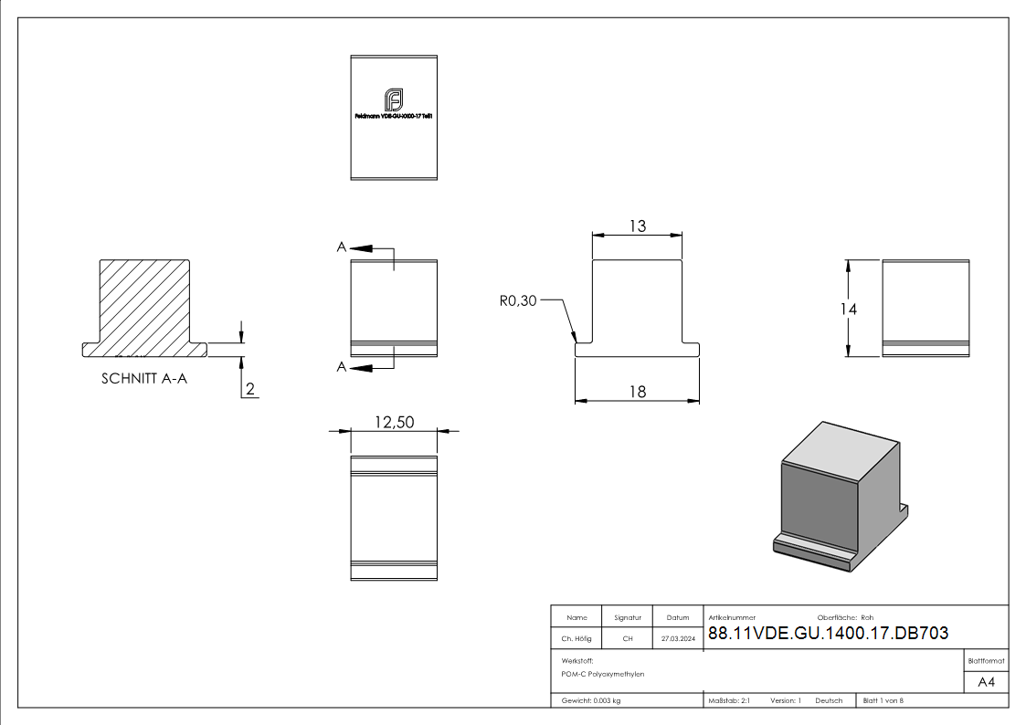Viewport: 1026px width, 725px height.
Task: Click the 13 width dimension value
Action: (637, 226)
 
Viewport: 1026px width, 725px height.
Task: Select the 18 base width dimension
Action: (637, 392)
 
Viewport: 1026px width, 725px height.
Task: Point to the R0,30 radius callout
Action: (518, 300)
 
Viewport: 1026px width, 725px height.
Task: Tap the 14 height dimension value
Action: (849, 310)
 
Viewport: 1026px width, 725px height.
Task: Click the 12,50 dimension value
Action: (394, 422)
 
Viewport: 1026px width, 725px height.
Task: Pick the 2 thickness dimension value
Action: (250, 390)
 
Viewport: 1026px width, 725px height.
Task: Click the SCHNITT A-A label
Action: (144, 379)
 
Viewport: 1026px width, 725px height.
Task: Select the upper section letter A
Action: (341, 247)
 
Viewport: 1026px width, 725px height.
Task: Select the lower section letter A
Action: (341, 367)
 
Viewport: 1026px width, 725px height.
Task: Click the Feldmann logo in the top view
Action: (394, 100)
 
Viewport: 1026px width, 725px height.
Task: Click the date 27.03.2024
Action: (678, 639)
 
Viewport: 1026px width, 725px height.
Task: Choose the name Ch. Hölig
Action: (576, 639)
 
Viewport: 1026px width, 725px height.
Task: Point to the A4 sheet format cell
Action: (987, 682)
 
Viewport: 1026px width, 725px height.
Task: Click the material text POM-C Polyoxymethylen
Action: (603, 674)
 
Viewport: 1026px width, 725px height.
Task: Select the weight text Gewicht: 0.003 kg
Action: (591, 700)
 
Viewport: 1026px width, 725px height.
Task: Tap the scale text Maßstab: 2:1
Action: (729, 700)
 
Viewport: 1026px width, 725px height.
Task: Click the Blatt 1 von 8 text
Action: (883, 700)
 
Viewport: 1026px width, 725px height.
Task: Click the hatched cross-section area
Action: (145, 305)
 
